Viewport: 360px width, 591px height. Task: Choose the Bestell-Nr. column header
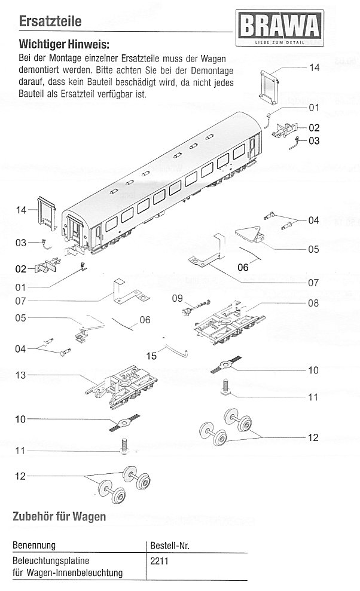tap(171, 545)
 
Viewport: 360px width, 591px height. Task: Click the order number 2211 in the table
tap(160, 561)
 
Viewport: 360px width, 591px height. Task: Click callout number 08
tap(313, 303)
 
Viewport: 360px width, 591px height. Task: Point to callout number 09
tap(177, 298)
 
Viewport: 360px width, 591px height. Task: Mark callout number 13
tap(22, 375)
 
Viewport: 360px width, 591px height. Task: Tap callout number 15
tap(151, 356)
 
